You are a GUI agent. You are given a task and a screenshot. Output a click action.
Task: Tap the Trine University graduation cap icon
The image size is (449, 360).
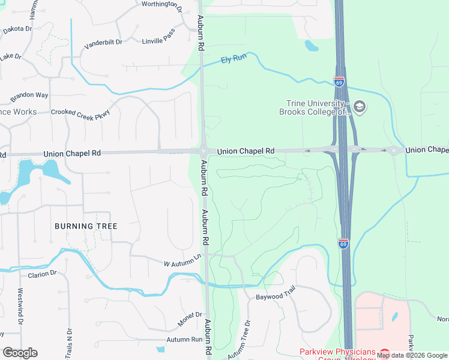pos(360,107)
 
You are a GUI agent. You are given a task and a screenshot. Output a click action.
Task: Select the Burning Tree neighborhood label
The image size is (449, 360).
pos(86,226)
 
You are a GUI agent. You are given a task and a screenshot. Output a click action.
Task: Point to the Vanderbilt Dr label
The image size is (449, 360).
pos(103,43)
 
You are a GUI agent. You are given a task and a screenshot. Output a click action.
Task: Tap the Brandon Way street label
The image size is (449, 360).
pos(29,95)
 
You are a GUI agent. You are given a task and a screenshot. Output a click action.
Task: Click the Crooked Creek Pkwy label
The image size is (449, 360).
pos(80,112)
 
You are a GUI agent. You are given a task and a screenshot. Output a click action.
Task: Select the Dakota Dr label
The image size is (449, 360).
pos(17,29)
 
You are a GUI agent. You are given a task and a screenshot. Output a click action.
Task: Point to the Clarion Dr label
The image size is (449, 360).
pos(42,274)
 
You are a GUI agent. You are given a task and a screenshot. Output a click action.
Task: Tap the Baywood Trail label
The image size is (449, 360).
pos(276,297)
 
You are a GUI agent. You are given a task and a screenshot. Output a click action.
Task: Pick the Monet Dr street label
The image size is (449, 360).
pos(190,319)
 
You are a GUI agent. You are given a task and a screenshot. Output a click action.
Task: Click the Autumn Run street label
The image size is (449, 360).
pos(185,340)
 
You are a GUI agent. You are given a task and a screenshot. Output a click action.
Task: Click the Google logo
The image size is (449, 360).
pos(20,353)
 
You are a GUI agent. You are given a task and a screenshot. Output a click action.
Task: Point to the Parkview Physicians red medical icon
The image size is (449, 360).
pos(384,353)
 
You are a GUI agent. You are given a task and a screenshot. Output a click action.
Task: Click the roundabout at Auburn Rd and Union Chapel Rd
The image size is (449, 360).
pos(203,151)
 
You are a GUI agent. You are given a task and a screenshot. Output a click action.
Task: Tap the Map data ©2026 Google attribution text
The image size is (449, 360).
pos(412,355)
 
